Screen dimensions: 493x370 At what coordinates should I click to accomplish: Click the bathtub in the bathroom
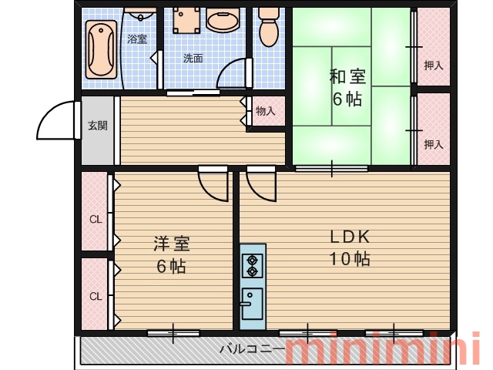[x=101, y=49]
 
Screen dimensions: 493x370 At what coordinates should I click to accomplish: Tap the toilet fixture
[x=269, y=26]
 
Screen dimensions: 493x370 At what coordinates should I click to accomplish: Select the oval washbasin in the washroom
[x=223, y=20]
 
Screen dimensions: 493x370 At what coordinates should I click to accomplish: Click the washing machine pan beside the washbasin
[x=186, y=20]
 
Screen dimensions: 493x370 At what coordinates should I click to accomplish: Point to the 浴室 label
[x=137, y=39]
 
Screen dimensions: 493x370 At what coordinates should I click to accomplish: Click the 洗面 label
[x=193, y=59]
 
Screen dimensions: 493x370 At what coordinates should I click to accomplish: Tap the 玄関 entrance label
[x=98, y=126]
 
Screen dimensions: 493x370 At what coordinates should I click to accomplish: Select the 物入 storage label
[x=265, y=111]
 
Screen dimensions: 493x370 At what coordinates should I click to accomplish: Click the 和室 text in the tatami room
[x=347, y=76]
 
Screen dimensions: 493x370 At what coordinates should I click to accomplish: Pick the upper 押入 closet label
[x=434, y=66]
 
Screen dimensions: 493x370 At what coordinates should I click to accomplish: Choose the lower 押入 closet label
[x=434, y=144]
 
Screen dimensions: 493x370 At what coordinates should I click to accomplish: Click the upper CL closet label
[x=96, y=219]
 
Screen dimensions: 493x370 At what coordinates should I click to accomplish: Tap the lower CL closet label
[x=96, y=296]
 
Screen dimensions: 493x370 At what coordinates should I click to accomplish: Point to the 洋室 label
[x=172, y=244]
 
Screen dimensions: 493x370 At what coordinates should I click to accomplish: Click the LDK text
[x=350, y=237]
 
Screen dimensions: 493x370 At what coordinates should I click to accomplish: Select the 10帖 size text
[x=350, y=259]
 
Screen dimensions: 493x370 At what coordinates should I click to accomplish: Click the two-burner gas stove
[x=252, y=266]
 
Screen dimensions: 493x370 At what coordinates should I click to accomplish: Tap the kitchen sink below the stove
[x=252, y=303]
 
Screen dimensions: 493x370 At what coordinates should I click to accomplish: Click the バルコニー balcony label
[x=252, y=349]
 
